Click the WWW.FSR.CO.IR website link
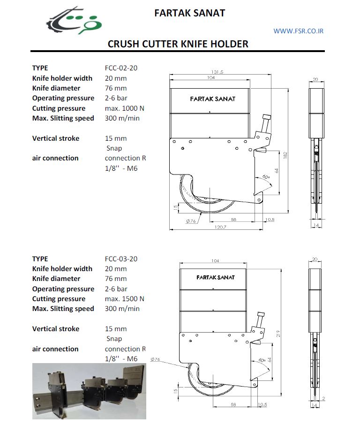point(299,31)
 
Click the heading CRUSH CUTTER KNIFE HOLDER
point(178,44)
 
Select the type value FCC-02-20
point(121,68)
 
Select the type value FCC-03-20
point(121,259)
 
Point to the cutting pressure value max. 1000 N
point(125,108)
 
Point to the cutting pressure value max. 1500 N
point(125,299)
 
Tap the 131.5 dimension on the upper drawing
point(217,72)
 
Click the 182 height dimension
point(285,154)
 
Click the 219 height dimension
point(278,334)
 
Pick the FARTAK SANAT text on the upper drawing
point(213,99)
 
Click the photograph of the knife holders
point(89,391)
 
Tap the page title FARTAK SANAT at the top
point(189,13)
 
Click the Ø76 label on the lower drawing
point(156,359)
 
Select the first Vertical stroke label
point(56,138)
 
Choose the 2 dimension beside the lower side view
point(323,398)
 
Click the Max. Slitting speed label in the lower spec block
point(63,309)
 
